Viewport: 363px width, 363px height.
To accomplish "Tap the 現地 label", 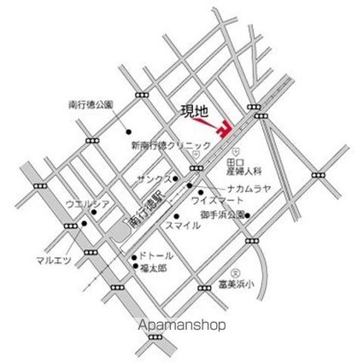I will pyautogui.click(x=194, y=111).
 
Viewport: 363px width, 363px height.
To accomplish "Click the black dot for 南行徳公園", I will pyautogui.click(x=129, y=132).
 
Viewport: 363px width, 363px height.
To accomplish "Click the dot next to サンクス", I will pyautogui.click(x=178, y=181).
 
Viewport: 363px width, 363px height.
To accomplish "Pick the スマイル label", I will pyautogui.click(x=184, y=225).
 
